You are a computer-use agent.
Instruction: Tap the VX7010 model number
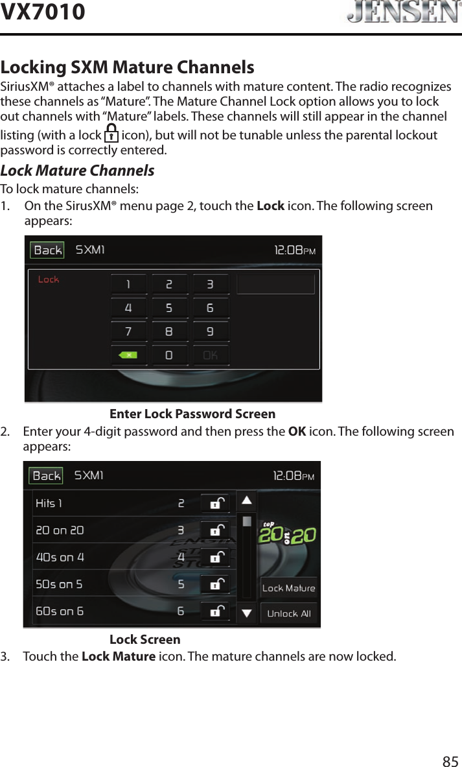point(43,12)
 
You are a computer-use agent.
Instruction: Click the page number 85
point(450,761)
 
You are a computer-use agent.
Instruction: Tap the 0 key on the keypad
point(169,355)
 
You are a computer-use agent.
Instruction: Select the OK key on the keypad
point(210,355)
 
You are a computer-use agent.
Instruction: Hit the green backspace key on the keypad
point(128,355)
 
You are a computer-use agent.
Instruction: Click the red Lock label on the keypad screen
point(49,279)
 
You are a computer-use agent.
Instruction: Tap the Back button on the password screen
point(47,250)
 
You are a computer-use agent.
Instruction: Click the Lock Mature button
point(288,588)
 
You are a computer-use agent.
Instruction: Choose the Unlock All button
point(288,613)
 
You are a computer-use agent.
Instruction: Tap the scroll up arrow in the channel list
point(247,501)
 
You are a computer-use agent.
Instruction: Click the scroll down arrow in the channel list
point(247,613)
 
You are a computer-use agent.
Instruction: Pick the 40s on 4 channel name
point(60,557)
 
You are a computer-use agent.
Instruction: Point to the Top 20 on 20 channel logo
point(288,534)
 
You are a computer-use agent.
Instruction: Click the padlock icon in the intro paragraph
point(111,136)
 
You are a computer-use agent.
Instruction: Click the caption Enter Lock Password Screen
point(192,414)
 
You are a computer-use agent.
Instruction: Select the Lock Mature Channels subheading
point(77,171)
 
